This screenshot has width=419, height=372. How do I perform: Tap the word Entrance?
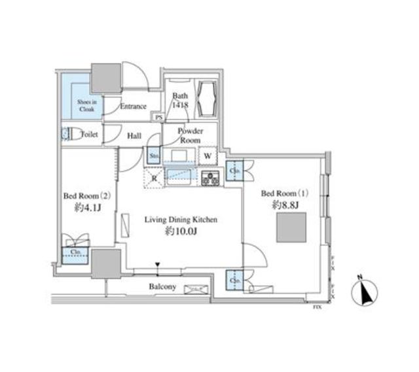[x=134, y=107]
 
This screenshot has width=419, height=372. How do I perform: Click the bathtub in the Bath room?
[x=210, y=99]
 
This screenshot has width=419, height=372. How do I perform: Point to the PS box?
[x=158, y=118]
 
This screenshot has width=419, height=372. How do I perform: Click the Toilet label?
[x=88, y=135]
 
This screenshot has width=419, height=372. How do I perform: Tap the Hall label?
[x=134, y=135]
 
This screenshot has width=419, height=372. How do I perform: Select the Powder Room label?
[x=191, y=135]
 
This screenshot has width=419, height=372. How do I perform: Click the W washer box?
[x=208, y=157]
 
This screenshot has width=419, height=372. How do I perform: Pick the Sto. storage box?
[x=154, y=157]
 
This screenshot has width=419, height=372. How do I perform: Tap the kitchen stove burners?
[x=211, y=178]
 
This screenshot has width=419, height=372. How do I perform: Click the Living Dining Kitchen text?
[x=181, y=220]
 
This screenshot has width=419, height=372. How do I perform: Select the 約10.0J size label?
[x=181, y=231]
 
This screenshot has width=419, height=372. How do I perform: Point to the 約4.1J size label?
[x=82, y=210]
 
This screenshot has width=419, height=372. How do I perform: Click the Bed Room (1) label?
[x=284, y=194]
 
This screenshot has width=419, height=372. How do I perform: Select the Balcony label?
[x=162, y=287]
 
